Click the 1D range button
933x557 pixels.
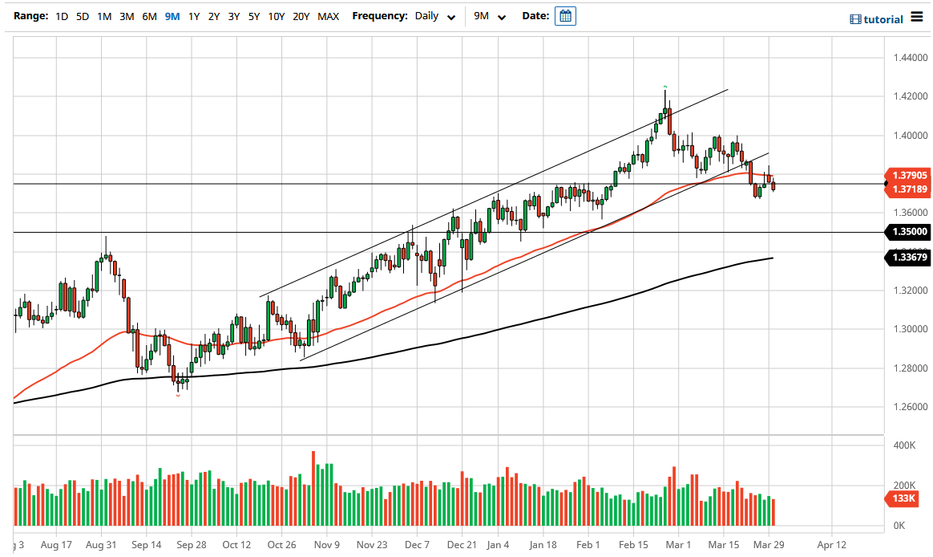point(63,16)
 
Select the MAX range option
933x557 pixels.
point(328,16)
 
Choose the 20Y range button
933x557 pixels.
point(301,16)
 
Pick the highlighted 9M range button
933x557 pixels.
point(172,16)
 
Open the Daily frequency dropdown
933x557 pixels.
point(435,16)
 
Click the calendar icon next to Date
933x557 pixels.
point(565,16)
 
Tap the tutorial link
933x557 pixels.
point(875,19)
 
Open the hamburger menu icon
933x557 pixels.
point(917,18)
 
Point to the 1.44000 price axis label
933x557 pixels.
point(911,59)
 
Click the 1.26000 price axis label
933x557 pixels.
point(911,407)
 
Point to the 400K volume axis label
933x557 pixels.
point(904,445)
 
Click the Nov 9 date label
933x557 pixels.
point(327,544)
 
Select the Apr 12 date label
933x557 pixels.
point(831,544)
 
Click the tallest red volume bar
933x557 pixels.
point(313,488)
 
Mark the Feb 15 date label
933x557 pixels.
point(632,544)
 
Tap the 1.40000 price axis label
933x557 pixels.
point(911,136)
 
